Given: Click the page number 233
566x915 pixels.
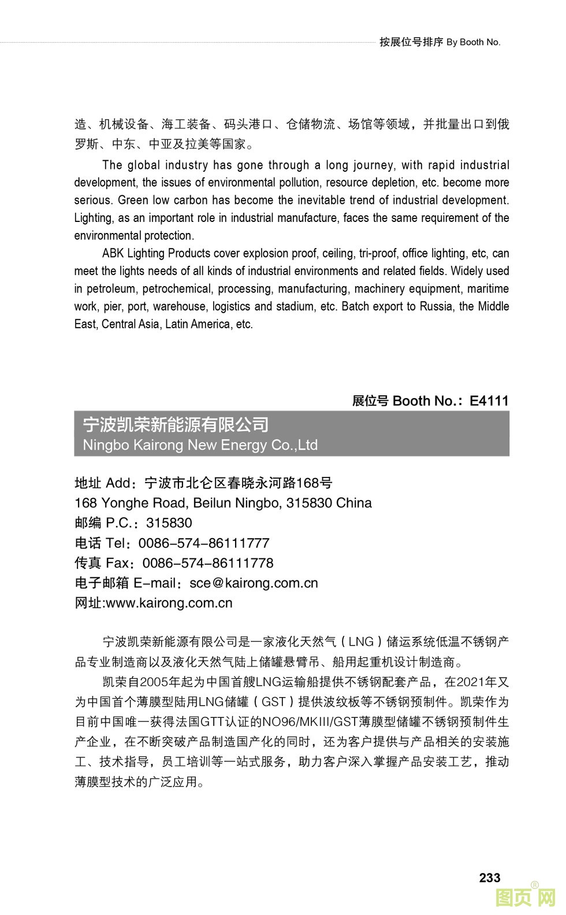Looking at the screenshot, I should (x=489, y=877).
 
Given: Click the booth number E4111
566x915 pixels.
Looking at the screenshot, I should (x=489, y=401).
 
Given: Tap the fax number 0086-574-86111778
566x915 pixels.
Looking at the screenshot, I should (x=208, y=563).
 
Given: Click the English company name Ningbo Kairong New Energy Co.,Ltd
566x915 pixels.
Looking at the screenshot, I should (x=200, y=445).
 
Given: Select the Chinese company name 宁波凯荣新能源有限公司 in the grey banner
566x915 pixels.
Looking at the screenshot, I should (x=176, y=425).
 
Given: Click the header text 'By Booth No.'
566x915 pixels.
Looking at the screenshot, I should (x=474, y=42).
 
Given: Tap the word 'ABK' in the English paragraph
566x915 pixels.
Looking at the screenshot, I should (x=113, y=253).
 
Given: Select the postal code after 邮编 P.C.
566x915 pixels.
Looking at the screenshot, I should (x=169, y=523).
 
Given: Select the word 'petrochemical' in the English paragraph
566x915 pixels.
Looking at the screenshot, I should (x=178, y=288).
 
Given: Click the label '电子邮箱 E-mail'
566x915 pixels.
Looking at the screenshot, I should (x=125, y=583).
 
